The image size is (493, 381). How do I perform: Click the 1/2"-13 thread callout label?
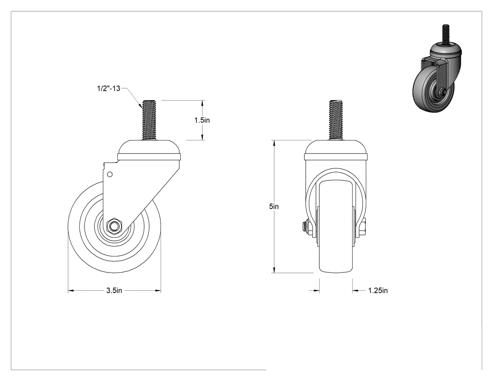tap(108, 88)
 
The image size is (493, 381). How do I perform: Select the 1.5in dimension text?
tap(202, 120)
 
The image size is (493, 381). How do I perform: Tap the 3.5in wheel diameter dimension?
tap(114, 290)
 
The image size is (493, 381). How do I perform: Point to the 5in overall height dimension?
tap(274, 206)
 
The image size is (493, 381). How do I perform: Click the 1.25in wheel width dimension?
tap(378, 290)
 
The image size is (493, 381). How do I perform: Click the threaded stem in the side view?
tap(149, 120)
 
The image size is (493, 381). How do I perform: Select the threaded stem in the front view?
tap(336, 120)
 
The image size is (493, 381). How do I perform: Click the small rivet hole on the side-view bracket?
tap(110, 174)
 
